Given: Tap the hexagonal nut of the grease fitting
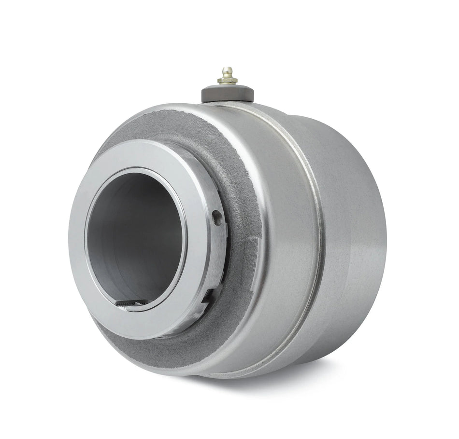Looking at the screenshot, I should [x=227, y=81].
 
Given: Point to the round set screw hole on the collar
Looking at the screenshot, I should [x=217, y=218].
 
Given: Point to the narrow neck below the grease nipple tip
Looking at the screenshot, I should [x=227, y=75].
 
